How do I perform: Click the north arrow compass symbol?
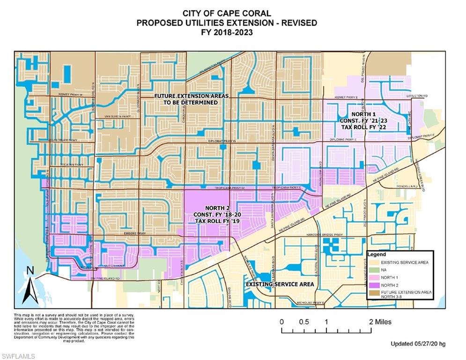[x=31, y=285]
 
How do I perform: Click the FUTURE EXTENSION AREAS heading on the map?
[x=192, y=99]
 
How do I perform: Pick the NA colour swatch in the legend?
[x=373, y=270]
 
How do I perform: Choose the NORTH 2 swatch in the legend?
[x=373, y=285]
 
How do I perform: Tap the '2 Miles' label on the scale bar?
[x=380, y=322]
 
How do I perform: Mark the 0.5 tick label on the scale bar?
[x=303, y=322]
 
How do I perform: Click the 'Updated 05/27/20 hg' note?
[x=418, y=344]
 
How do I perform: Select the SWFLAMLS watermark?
[x=18, y=356]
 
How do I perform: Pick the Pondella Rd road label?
[x=408, y=186]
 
